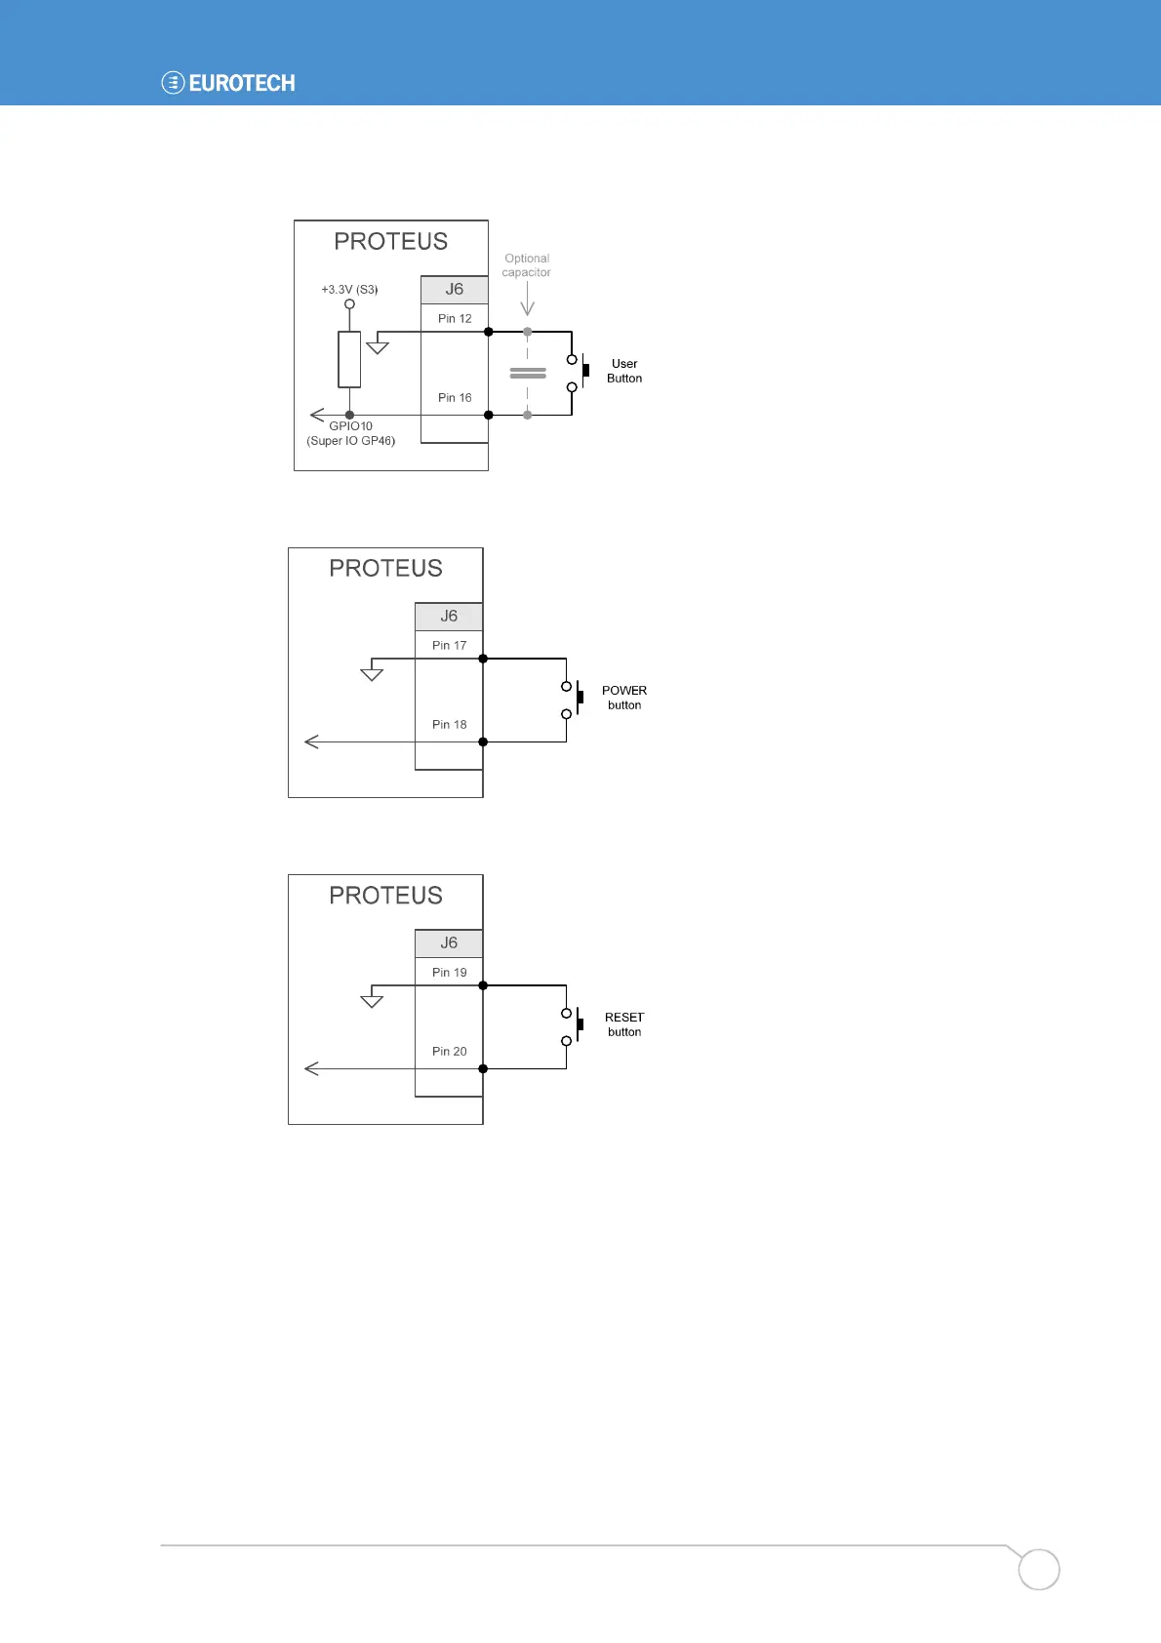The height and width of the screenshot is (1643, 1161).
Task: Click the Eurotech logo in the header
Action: tap(228, 83)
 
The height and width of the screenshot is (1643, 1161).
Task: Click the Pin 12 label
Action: tap(455, 319)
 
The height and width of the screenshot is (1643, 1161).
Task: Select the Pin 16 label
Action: tap(455, 398)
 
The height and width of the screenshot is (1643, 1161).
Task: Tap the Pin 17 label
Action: tap(449, 646)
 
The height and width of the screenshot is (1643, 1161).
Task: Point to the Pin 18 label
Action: tap(449, 725)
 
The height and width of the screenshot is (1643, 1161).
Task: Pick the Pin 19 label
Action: tap(449, 973)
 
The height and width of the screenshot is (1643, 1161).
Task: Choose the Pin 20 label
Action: tap(449, 1052)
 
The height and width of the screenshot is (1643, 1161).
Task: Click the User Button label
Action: tap(624, 371)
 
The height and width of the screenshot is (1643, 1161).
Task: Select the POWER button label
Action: tap(624, 698)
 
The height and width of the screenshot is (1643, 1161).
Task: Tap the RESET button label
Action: tap(624, 1024)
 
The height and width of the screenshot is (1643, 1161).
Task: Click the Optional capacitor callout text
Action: tap(527, 265)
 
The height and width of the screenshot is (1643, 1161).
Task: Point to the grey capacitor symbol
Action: tap(528, 373)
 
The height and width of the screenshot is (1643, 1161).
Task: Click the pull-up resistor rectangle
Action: tap(349, 359)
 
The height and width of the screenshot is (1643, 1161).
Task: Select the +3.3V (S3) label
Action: tap(349, 290)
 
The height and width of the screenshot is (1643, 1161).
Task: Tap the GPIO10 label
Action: tap(350, 426)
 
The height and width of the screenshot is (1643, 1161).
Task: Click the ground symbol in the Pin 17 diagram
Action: tap(372, 673)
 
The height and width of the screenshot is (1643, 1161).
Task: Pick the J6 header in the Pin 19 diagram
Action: tap(449, 943)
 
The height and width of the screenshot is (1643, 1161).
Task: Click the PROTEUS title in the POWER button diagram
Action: tap(385, 569)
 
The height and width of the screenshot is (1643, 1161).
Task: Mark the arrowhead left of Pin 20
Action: tap(312, 1069)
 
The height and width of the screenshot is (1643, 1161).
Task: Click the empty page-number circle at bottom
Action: tap(1039, 1570)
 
